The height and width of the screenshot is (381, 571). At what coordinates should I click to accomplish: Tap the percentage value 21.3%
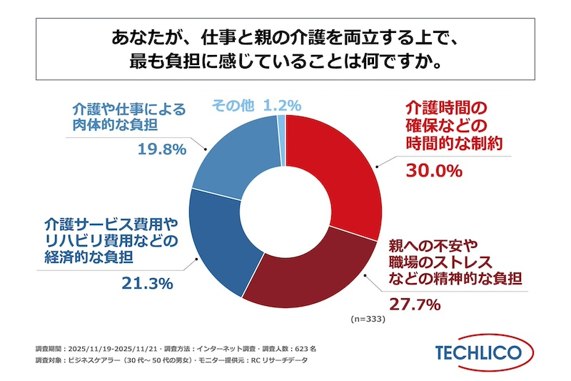click(x=145, y=283)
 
